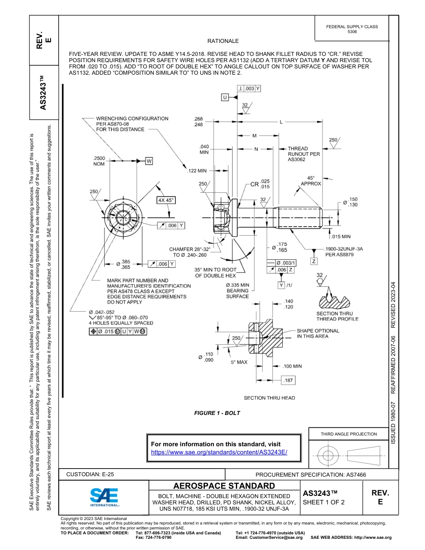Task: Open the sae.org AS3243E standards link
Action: tap(219, 452)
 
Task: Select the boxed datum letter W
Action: tap(149, 161)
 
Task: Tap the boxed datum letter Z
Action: tap(314, 261)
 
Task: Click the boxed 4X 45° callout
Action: tap(166, 200)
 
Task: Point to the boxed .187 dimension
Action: tap(289, 380)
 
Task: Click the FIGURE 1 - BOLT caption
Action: tap(217, 413)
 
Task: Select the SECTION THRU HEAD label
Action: tap(269, 398)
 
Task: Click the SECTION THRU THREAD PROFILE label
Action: tap(337, 316)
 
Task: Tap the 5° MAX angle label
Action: tap(239, 362)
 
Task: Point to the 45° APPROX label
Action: tap(310, 181)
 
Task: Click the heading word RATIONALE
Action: tap(223, 41)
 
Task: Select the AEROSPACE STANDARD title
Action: tap(224, 486)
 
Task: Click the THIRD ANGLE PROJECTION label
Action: tap(348, 434)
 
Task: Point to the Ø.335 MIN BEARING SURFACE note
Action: tap(238, 291)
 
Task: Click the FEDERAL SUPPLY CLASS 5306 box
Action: tap(352, 29)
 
